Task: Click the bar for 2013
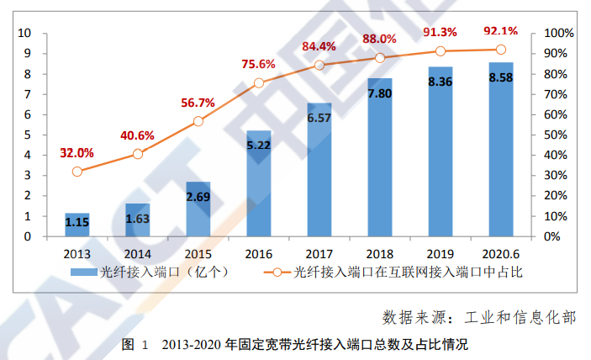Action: [77, 225]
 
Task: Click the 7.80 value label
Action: [380, 93]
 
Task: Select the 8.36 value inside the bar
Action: [441, 82]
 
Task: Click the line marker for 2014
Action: [138, 154]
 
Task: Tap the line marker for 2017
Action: [319, 65]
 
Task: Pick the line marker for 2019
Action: [441, 51]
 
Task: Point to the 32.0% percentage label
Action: [77, 152]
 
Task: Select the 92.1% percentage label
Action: [501, 31]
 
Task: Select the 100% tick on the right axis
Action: [557, 34]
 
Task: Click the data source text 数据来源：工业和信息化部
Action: [479, 317]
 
